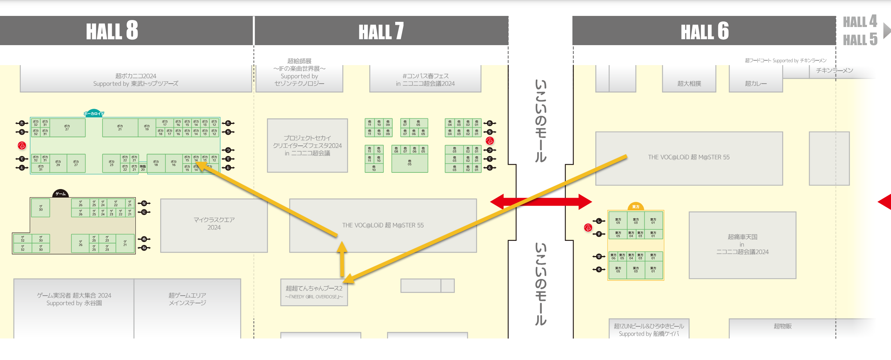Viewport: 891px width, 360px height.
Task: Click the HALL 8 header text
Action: pos(112,31)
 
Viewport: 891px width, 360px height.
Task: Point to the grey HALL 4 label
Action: pos(860,22)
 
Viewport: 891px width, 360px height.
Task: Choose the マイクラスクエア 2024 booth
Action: pos(214,224)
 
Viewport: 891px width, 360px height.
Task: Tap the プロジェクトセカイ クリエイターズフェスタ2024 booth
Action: pos(307,145)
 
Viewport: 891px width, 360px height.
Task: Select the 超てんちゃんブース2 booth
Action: pos(314,292)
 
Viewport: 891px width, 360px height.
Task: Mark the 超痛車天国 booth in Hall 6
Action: pos(742,244)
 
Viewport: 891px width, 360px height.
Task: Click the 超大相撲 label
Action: pos(689,84)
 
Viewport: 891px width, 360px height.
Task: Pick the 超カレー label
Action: pos(756,84)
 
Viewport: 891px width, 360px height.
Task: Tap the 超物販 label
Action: pos(783,326)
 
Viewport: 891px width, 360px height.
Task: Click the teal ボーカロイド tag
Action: pos(94,114)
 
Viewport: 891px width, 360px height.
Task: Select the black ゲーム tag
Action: pos(61,194)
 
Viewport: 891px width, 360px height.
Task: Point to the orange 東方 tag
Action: pos(636,206)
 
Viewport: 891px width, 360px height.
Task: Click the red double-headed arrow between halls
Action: pos(541,202)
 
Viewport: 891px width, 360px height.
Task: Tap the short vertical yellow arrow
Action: pos(342,259)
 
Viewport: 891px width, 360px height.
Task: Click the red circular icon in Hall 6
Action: pos(588,228)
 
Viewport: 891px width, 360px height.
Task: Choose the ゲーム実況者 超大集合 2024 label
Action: pos(74,299)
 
